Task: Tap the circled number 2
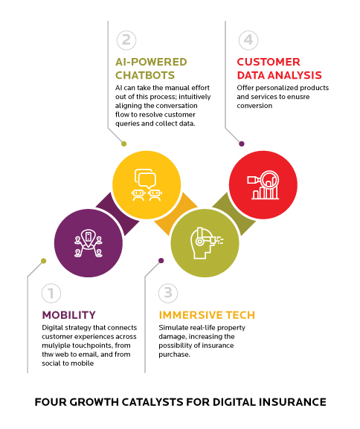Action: (125, 40)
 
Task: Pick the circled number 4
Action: (248, 39)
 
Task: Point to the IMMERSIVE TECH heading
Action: (203, 315)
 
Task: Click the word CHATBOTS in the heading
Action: (147, 74)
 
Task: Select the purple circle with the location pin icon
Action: (88, 239)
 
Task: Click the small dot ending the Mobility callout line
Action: (43, 260)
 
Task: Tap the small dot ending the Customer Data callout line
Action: (241, 143)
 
